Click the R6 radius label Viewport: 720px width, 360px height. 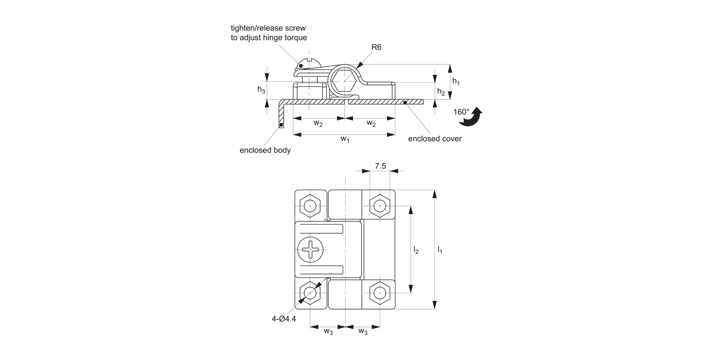[376, 47]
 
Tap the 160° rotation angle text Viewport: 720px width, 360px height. [461, 112]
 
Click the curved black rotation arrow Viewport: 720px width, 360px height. [472, 117]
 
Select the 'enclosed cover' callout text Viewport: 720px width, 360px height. [434, 139]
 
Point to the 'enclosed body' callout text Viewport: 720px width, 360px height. [265, 150]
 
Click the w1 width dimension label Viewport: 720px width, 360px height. [345, 139]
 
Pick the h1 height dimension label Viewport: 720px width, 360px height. [456, 82]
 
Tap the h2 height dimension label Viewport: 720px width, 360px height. [441, 92]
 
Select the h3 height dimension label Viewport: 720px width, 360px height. [261, 90]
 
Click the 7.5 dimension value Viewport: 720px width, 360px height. [380, 166]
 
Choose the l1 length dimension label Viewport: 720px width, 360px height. [440, 250]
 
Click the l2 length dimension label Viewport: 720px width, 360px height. [416, 250]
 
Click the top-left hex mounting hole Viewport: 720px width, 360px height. [311, 206]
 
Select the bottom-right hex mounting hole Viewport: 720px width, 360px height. [380, 293]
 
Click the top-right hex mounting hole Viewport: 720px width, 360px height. [380, 206]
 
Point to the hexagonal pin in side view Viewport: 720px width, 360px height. [345, 81]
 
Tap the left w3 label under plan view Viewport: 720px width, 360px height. [328, 331]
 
